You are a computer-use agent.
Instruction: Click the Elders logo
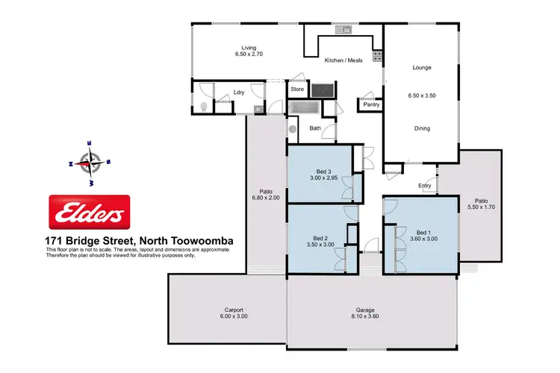[89, 213]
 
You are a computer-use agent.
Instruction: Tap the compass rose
[90, 161]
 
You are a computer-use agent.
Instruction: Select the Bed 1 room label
[423, 233]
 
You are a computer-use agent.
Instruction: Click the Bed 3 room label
[323, 172]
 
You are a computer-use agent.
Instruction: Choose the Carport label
[234, 310]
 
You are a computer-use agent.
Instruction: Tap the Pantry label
[371, 105]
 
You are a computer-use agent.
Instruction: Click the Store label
[297, 90]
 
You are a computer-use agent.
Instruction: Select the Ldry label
[239, 93]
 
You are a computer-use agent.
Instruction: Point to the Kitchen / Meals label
[343, 60]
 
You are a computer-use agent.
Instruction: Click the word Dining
[422, 128]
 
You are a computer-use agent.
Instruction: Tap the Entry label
[424, 185]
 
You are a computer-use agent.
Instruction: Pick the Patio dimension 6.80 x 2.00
[266, 197]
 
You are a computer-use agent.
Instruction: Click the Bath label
[316, 128]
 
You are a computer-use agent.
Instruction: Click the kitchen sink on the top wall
[344, 30]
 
